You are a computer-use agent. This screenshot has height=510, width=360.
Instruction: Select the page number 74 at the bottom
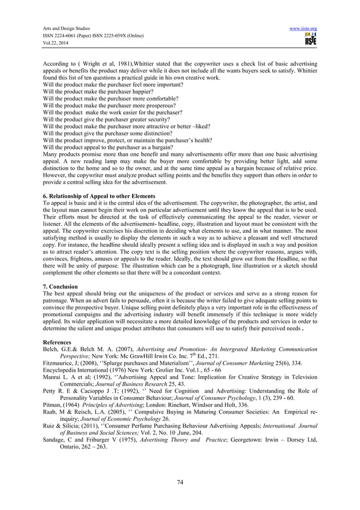click(181, 482)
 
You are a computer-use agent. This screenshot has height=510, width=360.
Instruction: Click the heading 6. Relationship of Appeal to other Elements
click(98, 195)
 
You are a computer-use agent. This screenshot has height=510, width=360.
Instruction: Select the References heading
click(57, 342)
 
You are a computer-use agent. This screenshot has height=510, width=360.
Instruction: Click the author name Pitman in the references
click(52, 406)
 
